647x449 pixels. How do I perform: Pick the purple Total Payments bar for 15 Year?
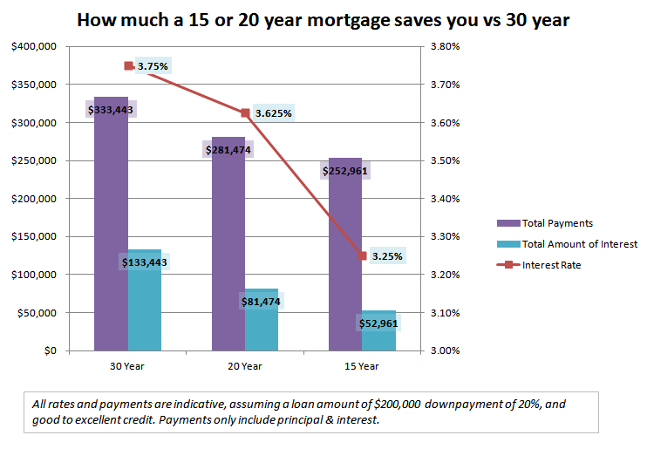(x=345, y=262)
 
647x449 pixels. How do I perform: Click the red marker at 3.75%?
(x=128, y=65)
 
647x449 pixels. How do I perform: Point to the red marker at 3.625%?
(x=245, y=112)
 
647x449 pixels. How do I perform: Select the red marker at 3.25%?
(x=362, y=256)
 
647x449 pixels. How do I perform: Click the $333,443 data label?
(x=110, y=109)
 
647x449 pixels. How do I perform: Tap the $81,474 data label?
(x=261, y=302)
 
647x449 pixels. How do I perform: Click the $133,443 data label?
(x=144, y=262)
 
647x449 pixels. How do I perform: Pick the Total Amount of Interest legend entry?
(x=567, y=244)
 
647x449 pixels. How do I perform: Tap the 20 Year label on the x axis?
(x=245, y=366)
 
